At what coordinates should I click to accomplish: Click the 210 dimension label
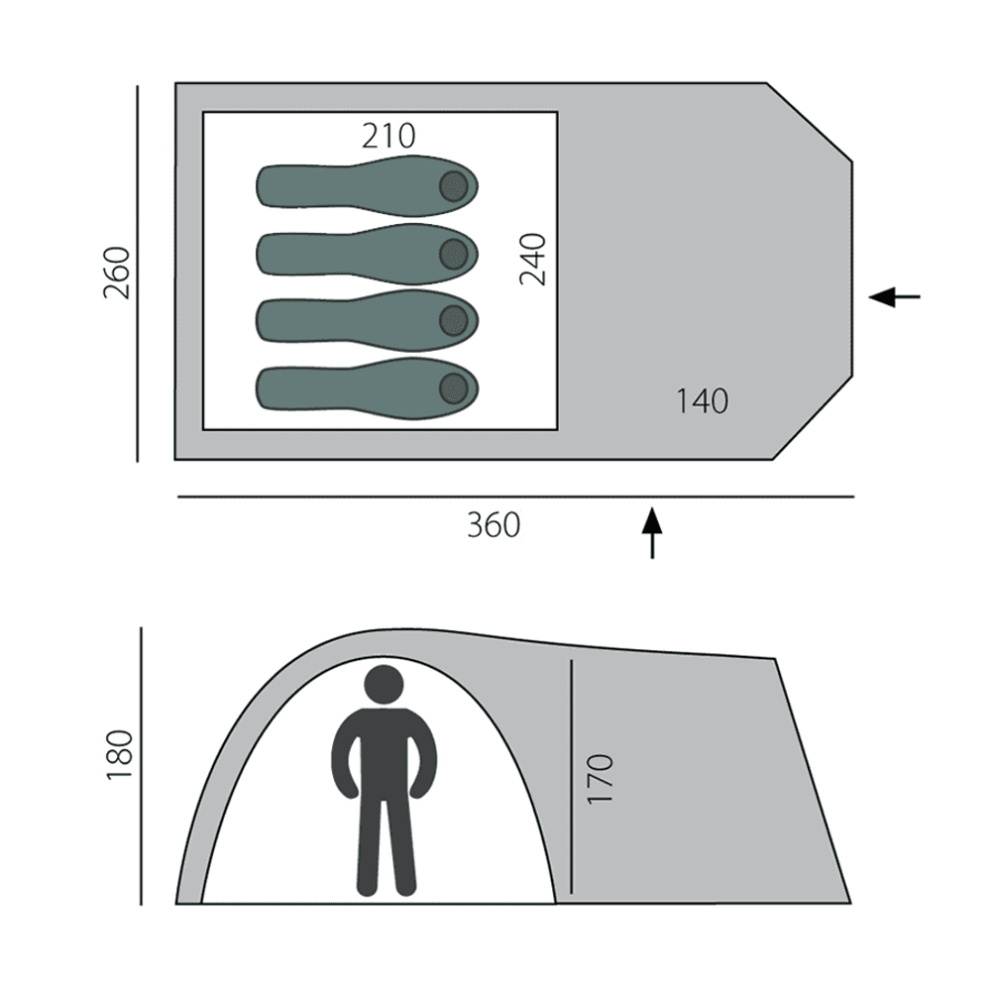tap(388, 136)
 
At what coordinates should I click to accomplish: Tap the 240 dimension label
tap(533, 259)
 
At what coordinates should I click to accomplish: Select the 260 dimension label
tap(117, 274)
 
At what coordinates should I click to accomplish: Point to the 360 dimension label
tap(494, 525)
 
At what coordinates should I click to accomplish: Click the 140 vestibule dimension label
tap(703, 401)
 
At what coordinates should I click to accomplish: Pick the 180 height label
tap(120, 755)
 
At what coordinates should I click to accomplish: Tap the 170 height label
tap(601, 779)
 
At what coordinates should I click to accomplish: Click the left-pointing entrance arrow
tap(894, 295)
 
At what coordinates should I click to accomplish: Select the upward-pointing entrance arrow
tap(652, 532)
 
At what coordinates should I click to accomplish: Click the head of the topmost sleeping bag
tap(454, 186)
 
